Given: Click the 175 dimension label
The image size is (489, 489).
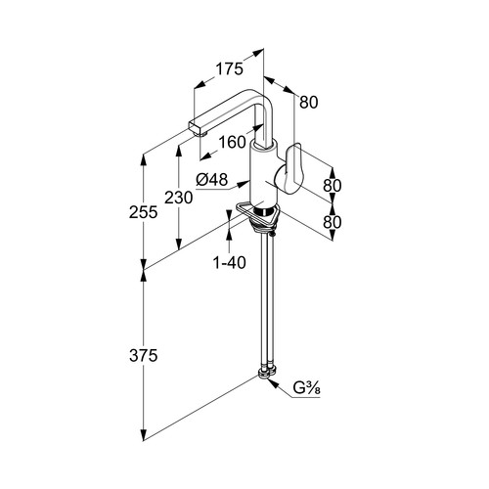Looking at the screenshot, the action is pos(229,69).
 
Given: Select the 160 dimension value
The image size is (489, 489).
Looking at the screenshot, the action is pos(232,142).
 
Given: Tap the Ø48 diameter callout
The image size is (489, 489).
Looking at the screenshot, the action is pos(212,180).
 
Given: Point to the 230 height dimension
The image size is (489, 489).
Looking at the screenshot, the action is pos(178,198).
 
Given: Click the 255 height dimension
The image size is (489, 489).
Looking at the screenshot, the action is pos(144,212).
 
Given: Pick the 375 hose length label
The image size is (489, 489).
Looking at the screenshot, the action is pos(144,355).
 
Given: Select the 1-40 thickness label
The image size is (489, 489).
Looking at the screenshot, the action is pos(229,262).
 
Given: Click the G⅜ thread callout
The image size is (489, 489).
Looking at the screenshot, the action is pos(306,388).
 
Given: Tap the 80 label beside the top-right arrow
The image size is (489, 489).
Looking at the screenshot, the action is pos(308,103).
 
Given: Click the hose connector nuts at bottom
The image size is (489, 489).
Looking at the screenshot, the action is pos(267,373).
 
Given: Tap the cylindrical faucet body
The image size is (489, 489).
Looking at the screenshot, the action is pos(264,176).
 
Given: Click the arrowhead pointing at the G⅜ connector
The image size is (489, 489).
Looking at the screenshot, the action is pos(273,384).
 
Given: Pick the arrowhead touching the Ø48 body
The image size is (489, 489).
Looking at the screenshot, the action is pos(244,184).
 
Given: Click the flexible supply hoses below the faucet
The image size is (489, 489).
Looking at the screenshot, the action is pos(267,301).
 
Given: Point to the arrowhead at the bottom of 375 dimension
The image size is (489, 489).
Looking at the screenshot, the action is pos(143,435).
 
